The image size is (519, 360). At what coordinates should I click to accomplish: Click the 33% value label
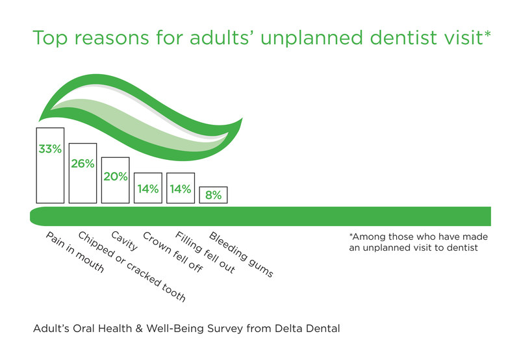click(50, 149)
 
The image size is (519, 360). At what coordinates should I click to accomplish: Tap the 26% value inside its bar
click(82, 164)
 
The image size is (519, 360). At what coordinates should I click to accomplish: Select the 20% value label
click(115, 176)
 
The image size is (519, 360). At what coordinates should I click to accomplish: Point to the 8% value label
click(213, 194)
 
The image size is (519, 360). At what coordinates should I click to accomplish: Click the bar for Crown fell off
click(148, 188)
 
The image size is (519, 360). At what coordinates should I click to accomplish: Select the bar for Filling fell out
click(181, 188)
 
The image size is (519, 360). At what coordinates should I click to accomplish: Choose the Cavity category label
click(124, 241)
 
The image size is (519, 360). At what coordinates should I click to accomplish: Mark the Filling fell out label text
click(205, 253)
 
